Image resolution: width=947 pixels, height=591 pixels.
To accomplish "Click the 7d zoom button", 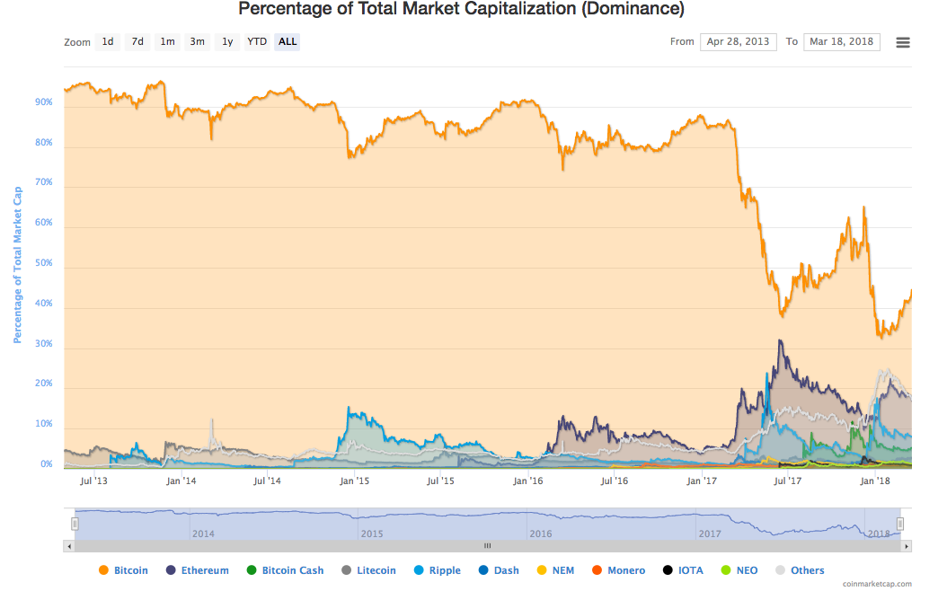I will (137, 41).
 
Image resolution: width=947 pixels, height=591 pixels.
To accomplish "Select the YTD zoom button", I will (257, 41).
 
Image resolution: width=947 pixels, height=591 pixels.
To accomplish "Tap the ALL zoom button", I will (288, 41).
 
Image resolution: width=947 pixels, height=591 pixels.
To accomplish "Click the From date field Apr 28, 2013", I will (739, 41).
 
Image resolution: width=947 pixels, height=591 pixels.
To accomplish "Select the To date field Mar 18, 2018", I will (841, 41).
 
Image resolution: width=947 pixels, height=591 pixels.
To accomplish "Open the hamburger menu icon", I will (903, 42).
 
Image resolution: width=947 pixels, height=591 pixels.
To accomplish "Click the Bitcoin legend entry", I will (123, 570).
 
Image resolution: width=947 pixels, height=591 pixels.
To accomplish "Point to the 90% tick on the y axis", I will (43, 102).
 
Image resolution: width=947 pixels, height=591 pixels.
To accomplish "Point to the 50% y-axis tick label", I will (43, 263).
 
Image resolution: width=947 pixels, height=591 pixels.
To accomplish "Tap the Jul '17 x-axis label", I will (788, 481).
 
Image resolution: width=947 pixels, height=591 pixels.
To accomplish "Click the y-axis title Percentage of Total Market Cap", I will (17, 264).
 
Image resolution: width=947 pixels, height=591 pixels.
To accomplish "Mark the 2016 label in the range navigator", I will (541, 534).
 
